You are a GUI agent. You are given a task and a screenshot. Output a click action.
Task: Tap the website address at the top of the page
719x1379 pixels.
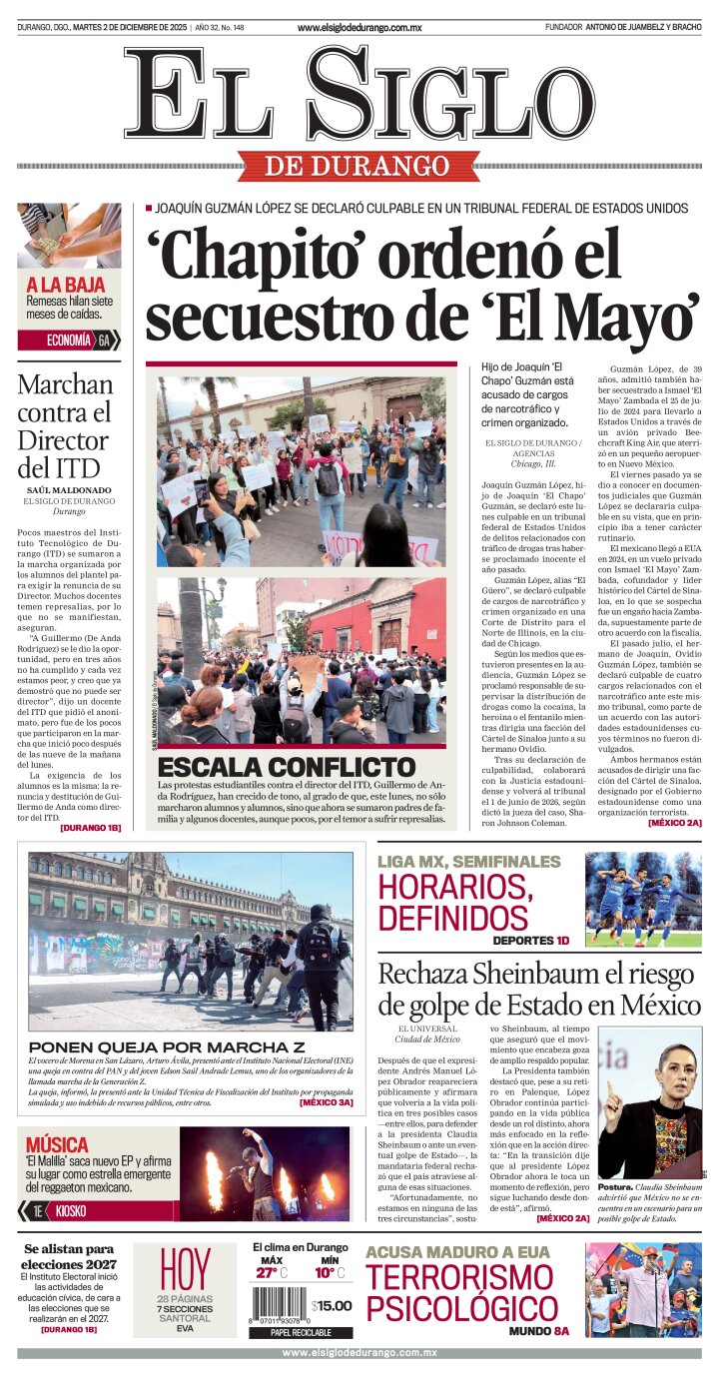tap(359, 28)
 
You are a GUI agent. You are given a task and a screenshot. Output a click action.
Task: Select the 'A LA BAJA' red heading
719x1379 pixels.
tap(65, 284)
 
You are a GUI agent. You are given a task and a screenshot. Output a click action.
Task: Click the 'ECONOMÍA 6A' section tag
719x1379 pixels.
tap(69, 341)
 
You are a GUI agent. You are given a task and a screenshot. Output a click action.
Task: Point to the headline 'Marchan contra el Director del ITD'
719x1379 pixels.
tap(66, 425)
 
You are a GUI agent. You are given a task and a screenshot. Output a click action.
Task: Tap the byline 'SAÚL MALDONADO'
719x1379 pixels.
tap(68, 490)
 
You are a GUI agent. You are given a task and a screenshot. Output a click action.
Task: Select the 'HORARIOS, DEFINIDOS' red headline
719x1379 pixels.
tap(452, 902)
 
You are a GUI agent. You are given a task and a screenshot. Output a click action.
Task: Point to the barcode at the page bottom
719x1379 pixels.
tap(279, 1304)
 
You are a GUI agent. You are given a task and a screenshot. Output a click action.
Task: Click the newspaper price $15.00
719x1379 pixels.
tap(332, 1305)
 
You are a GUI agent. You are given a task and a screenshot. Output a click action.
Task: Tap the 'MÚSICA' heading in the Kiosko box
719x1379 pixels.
tap(57, 1144)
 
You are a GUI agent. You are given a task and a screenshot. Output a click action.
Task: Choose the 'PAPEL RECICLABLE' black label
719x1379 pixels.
tap(300, 1332)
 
